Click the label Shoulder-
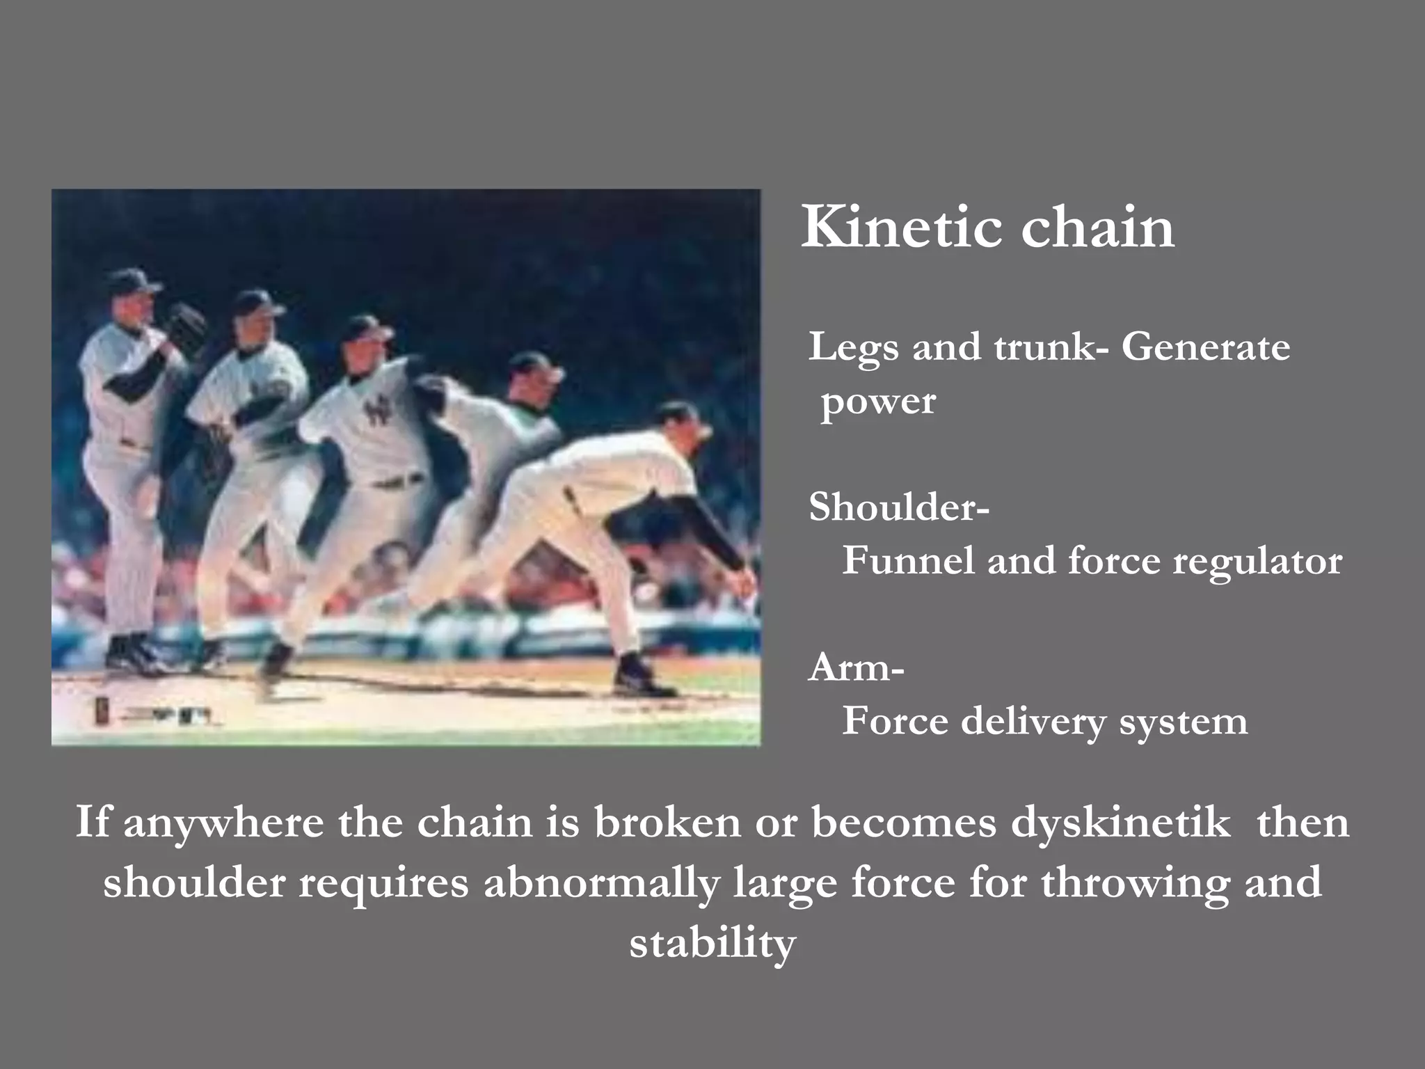click(x=898, y=507)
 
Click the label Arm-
click(x=856, y=668)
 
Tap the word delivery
click(x=1033, y=722)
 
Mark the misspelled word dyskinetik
click(x=1120, y=824)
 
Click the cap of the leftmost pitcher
click(x=136, y=280)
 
